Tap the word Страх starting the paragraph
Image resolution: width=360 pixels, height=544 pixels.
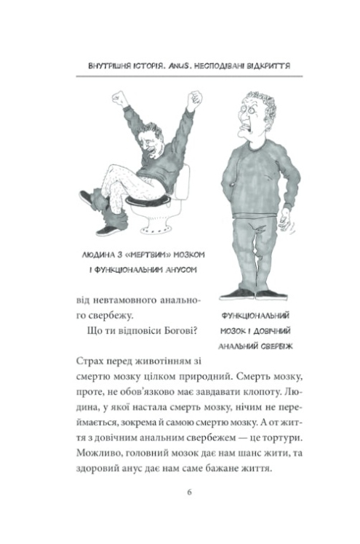90,362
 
